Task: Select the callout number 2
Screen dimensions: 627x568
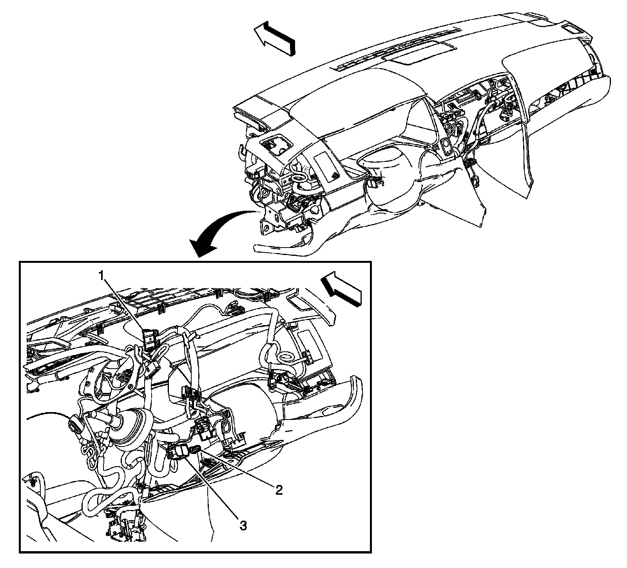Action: pyautogui.click(x=279, y=489)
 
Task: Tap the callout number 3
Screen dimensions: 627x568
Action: pyautogui.click(x=243, y=526)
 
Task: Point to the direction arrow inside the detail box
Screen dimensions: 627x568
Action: pyautogui.click(x=341, y=288)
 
